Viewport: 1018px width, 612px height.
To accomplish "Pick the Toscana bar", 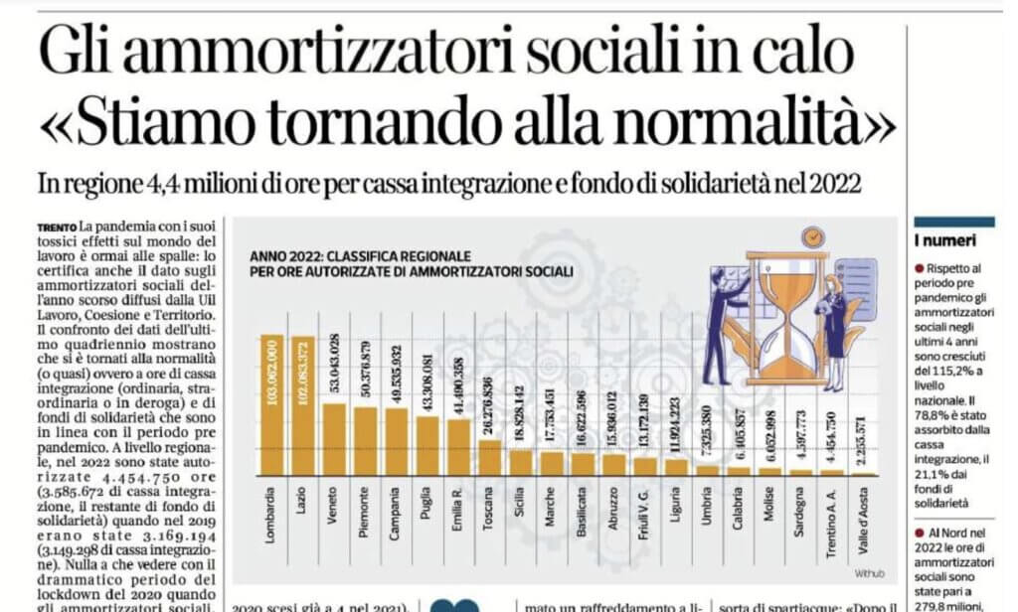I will coord(490,458).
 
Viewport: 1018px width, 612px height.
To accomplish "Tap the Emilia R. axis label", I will coord(458,515).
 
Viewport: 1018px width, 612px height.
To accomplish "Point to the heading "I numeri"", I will coord(944,240).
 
